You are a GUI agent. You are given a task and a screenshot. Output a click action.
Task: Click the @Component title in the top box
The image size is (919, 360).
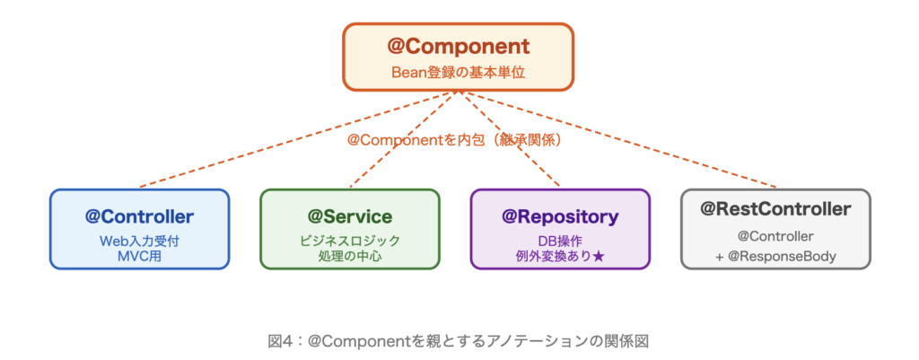(459, 45)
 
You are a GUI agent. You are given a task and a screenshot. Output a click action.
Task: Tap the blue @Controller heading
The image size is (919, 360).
(139, 215)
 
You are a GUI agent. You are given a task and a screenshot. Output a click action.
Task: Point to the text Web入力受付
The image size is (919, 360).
(139, 241)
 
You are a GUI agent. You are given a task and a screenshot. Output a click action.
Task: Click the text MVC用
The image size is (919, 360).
(139, 256)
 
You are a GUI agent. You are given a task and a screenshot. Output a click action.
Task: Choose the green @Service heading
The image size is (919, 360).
(350, 215)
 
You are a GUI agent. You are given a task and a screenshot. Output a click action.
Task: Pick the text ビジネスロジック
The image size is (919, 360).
(350, 241)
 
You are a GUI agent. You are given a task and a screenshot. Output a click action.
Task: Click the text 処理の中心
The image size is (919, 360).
(350, 256)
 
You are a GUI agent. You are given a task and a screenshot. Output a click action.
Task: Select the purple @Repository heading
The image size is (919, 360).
(560, 215)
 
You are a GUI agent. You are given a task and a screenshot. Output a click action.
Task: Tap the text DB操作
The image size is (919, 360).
(560, 241)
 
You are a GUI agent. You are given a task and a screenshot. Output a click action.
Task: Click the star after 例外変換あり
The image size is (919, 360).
(599, 256)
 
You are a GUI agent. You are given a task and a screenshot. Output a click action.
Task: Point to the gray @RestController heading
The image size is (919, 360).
(775, 209)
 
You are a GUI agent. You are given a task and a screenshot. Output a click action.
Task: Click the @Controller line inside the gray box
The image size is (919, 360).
(775, 236)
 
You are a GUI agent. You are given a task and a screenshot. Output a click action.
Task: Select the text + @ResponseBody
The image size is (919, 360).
(775, 256)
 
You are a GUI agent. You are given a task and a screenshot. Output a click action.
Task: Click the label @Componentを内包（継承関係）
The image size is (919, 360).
(459, 140)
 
